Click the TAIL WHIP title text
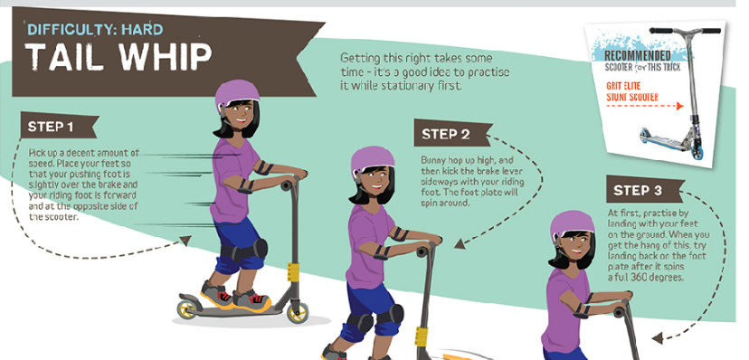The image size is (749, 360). click(x=118, y=56)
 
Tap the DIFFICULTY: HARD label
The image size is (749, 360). click(x=96, y=30)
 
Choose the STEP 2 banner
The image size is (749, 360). click(x=452, y=133)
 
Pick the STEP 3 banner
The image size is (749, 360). click(x=644, y=190)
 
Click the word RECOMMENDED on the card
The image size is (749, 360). click(x=637, y=56)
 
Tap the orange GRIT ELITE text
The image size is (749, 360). click(x=623, y=87)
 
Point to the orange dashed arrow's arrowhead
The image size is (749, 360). click(x=679, y=107)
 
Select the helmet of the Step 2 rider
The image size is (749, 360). click(x=372, y=161)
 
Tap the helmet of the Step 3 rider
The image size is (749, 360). click(x=572, y=225)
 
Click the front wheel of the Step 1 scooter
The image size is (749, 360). click(x=297, y=313)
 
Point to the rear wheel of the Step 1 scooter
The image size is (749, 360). click(x=186, y=309)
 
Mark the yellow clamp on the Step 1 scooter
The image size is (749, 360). click(x=292, y=271)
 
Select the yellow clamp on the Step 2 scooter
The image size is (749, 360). click(x=422, y=336)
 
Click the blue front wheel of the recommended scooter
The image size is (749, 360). click(x=697, y=153)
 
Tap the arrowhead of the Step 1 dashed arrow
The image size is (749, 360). click(x=185, y=241)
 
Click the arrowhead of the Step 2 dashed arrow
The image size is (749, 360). click(x=459, y=244)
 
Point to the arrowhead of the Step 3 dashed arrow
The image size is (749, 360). click(x=658, y=338)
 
